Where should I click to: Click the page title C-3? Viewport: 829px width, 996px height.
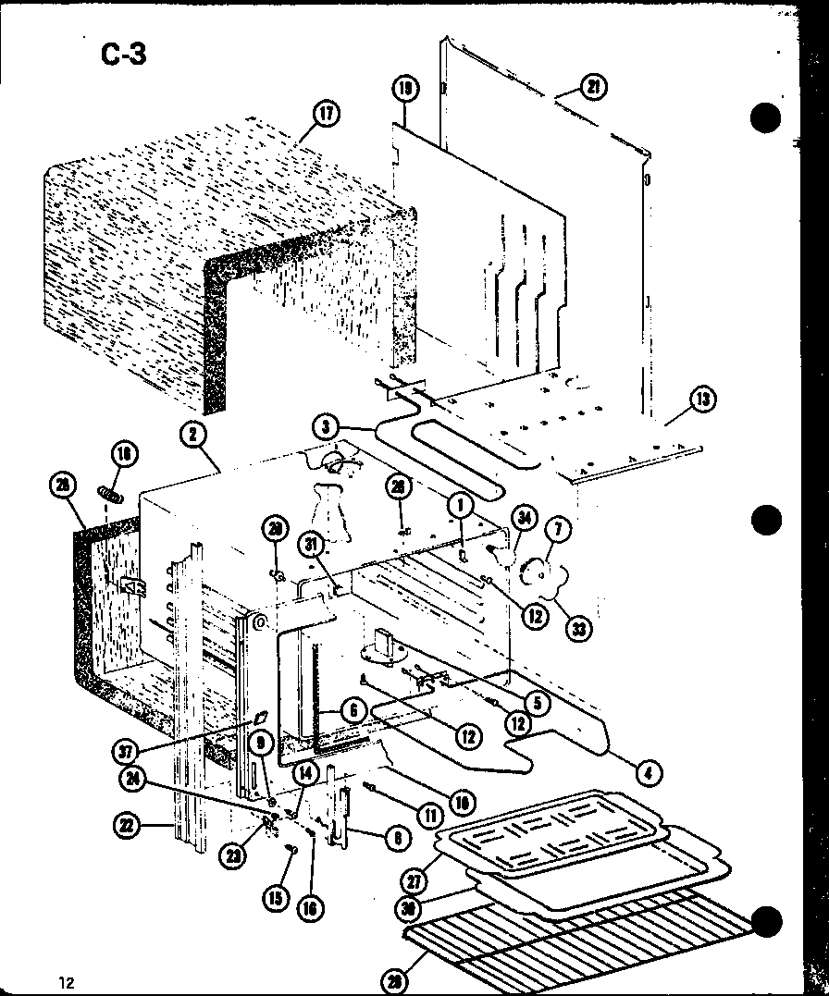click(x=123, y=55)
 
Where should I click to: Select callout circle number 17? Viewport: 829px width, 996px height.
click(x=326, y=115)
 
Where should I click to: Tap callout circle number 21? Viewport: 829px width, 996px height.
click(x=592, y=87)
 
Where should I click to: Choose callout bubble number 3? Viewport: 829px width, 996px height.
click(x=325, y=427)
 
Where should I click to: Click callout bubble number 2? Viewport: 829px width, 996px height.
click(x=194, y=435)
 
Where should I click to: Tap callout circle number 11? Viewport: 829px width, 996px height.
click(x=427, y=815)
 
